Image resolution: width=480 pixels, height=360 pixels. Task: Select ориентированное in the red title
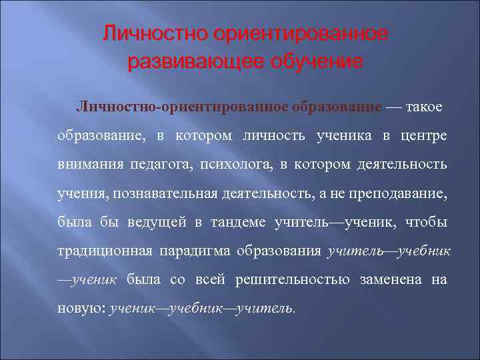(x=297, y=33)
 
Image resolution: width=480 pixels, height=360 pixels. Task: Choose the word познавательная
(x=169, y=193)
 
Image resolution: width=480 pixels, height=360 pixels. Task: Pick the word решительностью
(x=293, y=279)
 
